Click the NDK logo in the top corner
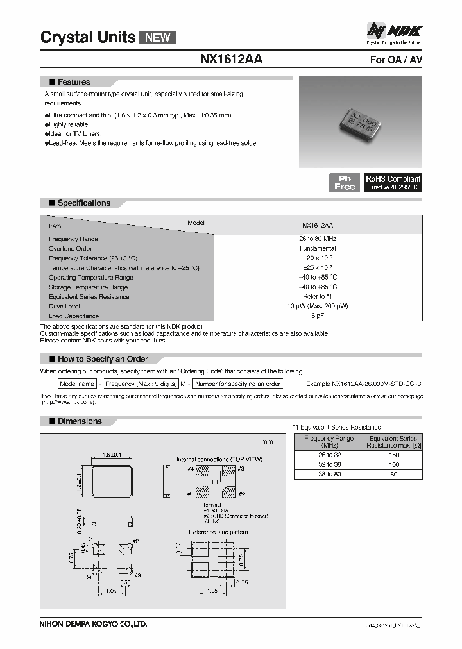(x=394, y=31)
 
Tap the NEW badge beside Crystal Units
(x=157, y=37)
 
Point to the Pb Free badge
(x=345, y=183)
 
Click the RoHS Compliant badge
(x=393, y=183)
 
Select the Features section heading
(x=74, y=82)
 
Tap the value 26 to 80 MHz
(x=318, y=239)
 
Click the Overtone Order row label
(x=71, y=248)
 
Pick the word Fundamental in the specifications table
(x=318, y=248)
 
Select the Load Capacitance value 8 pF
(x=318, y=316)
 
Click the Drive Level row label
(x=65, y=306)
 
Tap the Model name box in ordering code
(x=77, y=383)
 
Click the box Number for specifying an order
(x=238, y=383)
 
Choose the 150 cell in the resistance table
(x=393, y=455)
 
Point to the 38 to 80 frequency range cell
(x=329, y=474)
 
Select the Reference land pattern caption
(x=218, y=532)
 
